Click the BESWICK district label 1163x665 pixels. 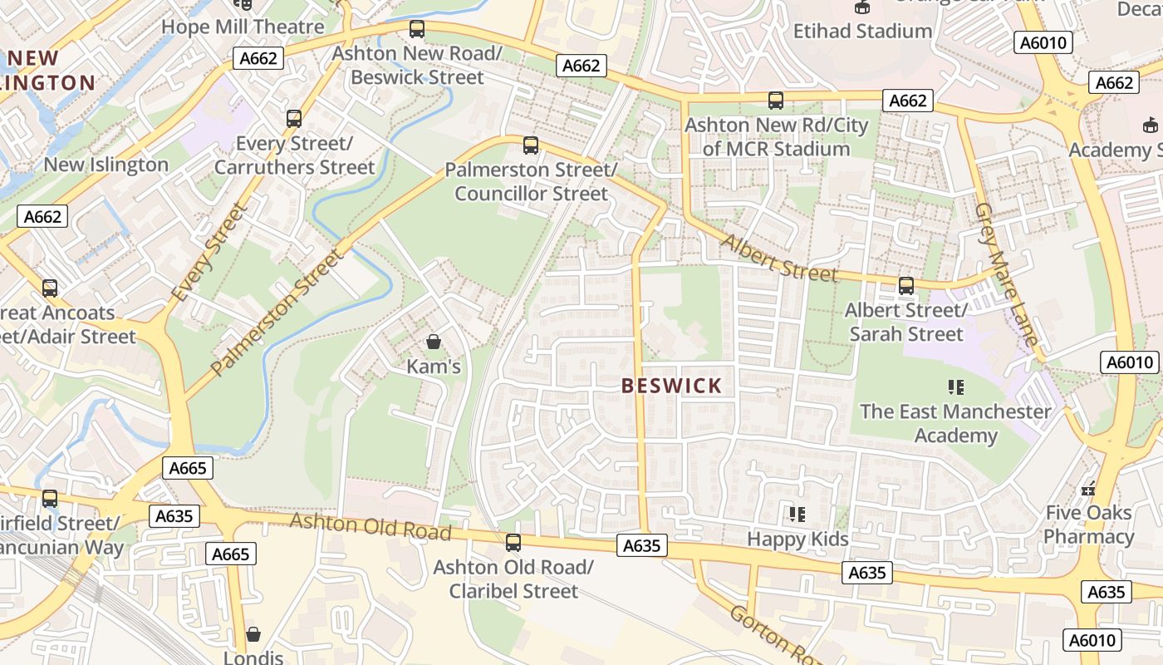pyautogui.click(x=672, y=386)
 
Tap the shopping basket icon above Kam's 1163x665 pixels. pyautogui.click(x=433, y=342)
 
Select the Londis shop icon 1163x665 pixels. pyautogui.click(x=253, y=634)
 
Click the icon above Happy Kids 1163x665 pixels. pyautogui.click(x=797, y=515)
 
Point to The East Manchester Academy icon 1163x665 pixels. pyautogui.click(x=955, y=387)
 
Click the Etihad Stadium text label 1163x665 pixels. pyautogui.click(x=862, y=32)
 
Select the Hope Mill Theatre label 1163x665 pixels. pyautogui.click(x=243, y=27)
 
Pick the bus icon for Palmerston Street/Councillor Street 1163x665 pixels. pyautogui.click(x=531, y=145)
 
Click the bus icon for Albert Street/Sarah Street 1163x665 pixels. pyautogui.click(x=905, y=286)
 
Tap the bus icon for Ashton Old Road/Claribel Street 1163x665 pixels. pyautogui.click(x=513, y=543)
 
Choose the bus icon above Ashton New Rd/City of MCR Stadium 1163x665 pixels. pyautogui.click(x=776, y=101)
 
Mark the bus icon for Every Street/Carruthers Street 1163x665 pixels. pyautogui.click(x=294, y=119)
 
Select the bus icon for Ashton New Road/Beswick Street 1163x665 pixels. pyautogui.click(x=417, y=30)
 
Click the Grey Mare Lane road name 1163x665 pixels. pyautogui.click(x=1006, y=274)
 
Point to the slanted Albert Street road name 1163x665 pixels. pyautogui.click(x=779, y=258)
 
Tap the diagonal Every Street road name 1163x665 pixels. pyautogui.click(x=209, y=253)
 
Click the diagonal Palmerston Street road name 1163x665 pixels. pyautogui.click(x=277, y=311)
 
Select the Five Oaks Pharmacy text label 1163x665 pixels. pyautogui.click(x=1088, y=525)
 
